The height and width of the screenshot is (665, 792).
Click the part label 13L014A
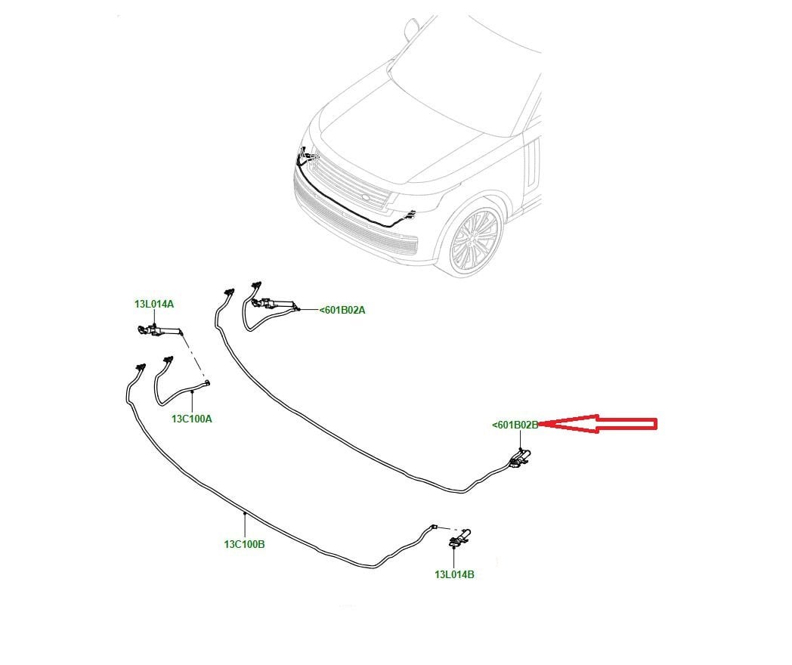click(154, 304)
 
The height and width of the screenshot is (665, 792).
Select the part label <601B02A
click(342, 310)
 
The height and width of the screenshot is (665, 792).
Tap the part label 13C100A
click(192, 419)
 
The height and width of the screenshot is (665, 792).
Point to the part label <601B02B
click(515, 425)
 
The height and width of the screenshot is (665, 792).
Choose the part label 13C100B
click(244, 544)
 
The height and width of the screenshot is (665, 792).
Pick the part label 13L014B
click(455, 574)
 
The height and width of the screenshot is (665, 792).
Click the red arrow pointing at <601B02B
click(598, 424)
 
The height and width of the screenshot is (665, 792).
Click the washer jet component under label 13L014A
click(159, 330)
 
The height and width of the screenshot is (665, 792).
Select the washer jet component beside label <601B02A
click(274, 304)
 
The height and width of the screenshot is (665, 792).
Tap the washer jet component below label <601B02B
click(519, 459)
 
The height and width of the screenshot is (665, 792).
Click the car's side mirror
click(412, 29)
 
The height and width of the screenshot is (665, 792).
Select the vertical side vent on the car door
click(532, 162)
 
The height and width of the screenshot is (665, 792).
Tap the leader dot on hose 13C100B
click(244, 514)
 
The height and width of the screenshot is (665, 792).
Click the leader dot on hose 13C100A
click(192, 391)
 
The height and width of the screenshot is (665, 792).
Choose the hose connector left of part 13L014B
click(433, 527)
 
